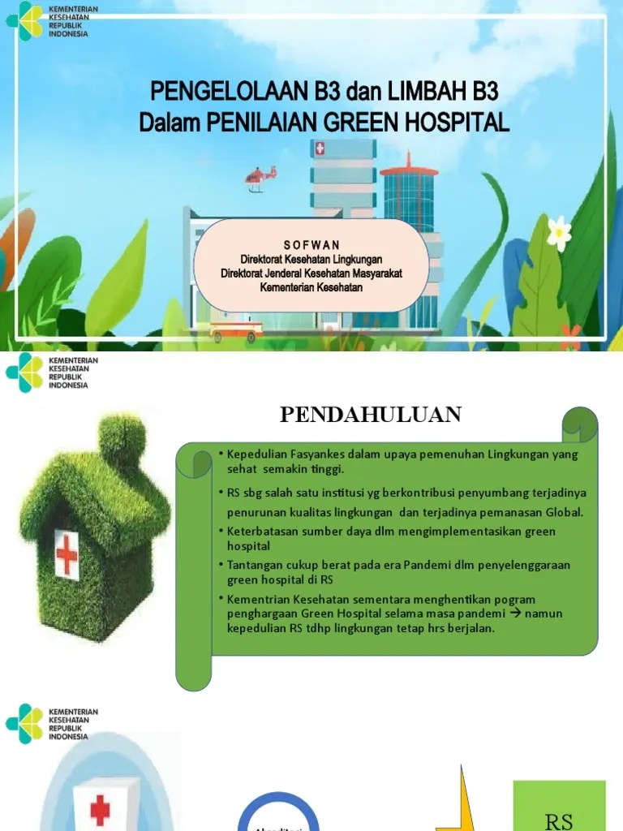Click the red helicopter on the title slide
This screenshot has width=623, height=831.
(260, 176)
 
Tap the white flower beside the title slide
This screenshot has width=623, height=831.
(559, 232)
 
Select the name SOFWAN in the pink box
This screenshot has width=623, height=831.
(311, 245)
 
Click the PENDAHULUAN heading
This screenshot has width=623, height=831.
(371, 415)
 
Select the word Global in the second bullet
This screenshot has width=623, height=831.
(562, 512)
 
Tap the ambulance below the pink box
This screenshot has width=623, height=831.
(236, 331)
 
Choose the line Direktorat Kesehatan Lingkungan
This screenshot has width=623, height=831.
(311, 259)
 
